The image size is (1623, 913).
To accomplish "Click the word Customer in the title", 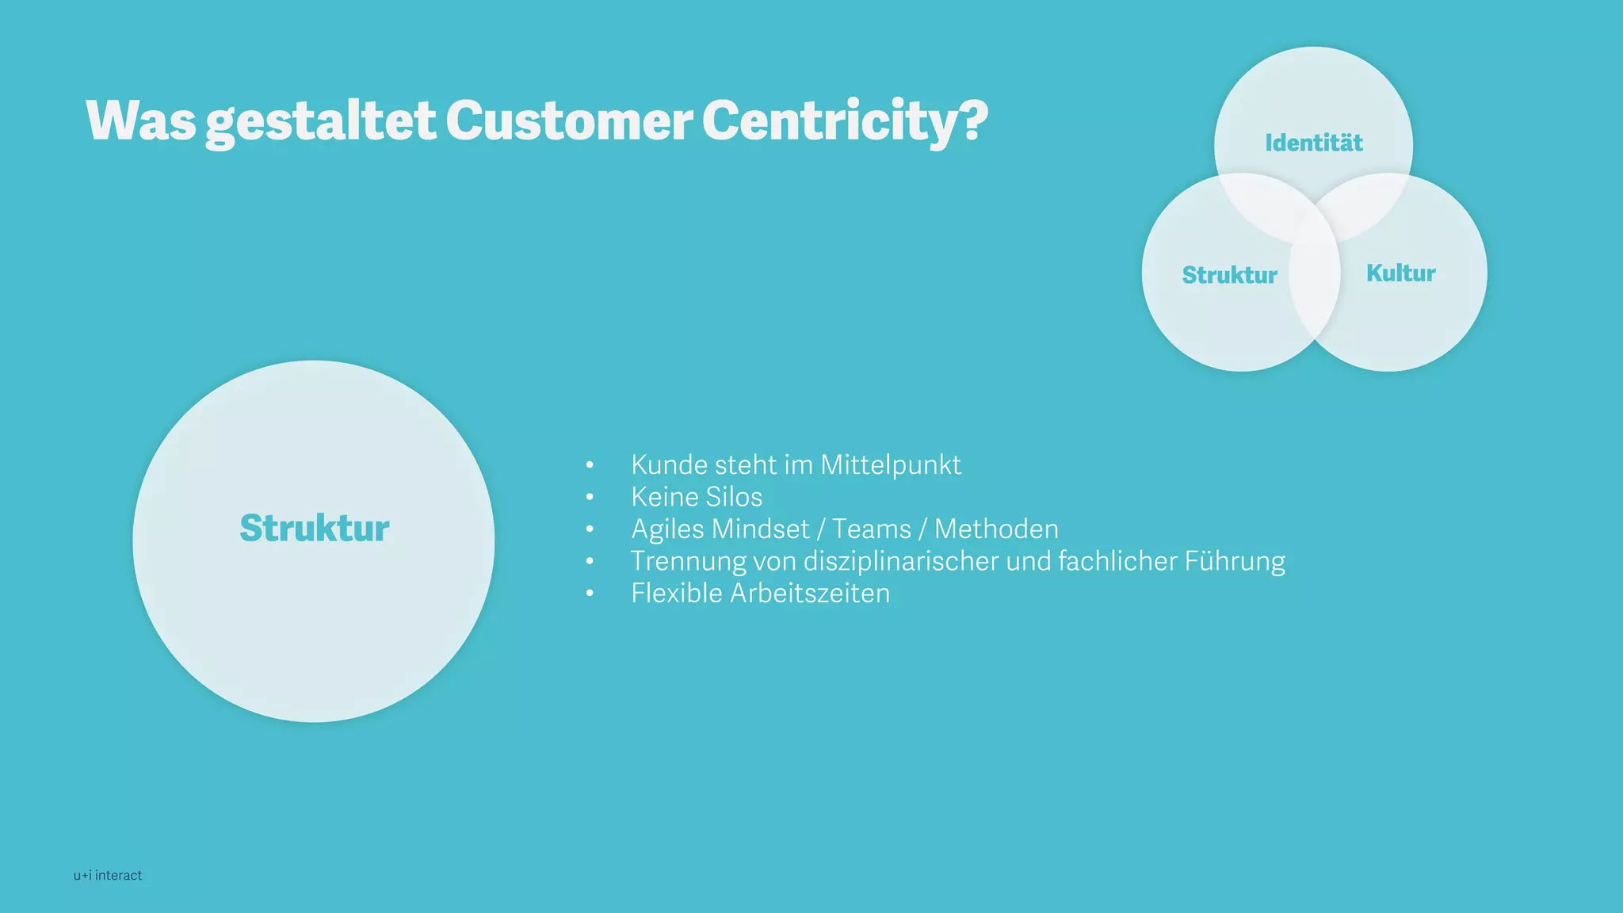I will click(x=568, y=120).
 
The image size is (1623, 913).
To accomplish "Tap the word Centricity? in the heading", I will click(x=844, y=120).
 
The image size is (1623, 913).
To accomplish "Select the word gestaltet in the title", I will click(x=320, y=120).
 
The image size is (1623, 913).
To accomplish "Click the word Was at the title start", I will click(x=141, y=120).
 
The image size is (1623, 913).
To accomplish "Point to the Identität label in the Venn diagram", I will click(x=1313, y=143).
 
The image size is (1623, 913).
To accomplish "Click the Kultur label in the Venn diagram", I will click(x=1400, y=273).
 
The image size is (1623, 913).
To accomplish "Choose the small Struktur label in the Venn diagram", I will click(x=1229, y=275).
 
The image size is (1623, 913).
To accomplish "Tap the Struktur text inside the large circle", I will click(x=315, y=528).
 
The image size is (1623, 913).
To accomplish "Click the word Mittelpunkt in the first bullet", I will click(x=890, y=465).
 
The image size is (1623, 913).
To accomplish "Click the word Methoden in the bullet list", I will click(x=996, y=529).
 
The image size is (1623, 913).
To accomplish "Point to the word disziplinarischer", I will click(x=901, y=561).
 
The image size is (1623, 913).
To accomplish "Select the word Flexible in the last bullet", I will click(x=676, y=594).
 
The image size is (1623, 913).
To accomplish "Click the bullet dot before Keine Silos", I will click(x=590, y=497).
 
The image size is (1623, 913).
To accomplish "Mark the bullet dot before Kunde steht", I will click(x=590, y=465).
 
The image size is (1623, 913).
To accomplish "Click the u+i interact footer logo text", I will click(x=108, y=875).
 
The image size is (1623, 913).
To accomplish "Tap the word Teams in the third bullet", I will click(x=871, y=529).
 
